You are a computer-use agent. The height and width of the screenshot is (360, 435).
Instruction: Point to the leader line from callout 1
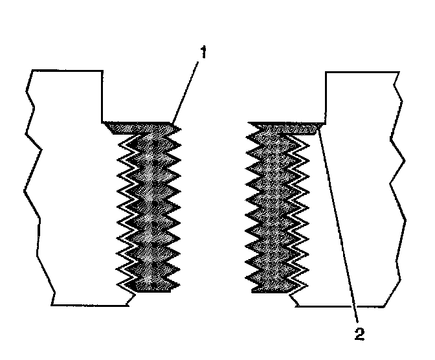click(188, 87)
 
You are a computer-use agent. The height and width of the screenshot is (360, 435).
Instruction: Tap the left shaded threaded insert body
click(150, 207)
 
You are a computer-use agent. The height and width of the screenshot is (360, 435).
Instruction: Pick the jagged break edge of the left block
click(32, 188)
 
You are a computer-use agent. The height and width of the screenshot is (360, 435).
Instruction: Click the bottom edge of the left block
click(91, 305)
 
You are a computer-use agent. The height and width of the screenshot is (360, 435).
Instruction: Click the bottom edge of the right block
click(343, 305)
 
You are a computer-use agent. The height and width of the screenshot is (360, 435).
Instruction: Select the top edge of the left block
click(65, 69)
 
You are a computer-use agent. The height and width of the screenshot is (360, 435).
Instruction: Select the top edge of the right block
click(359, 72)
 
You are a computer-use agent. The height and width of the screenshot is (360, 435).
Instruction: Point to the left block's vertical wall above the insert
click(104, 96)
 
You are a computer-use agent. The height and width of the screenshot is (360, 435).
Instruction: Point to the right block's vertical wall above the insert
click(325, 97)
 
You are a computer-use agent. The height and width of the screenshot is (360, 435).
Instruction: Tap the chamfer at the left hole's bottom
click(129, 298)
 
